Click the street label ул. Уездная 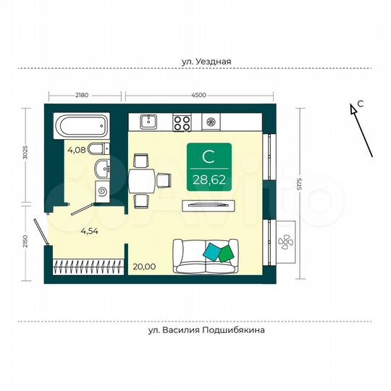[x=206, y=62]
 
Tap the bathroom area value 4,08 [x=76, y=151]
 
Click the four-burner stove [x=182, y=122]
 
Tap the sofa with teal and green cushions [x=206, y=256]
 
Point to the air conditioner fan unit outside [x=284, y=239]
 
